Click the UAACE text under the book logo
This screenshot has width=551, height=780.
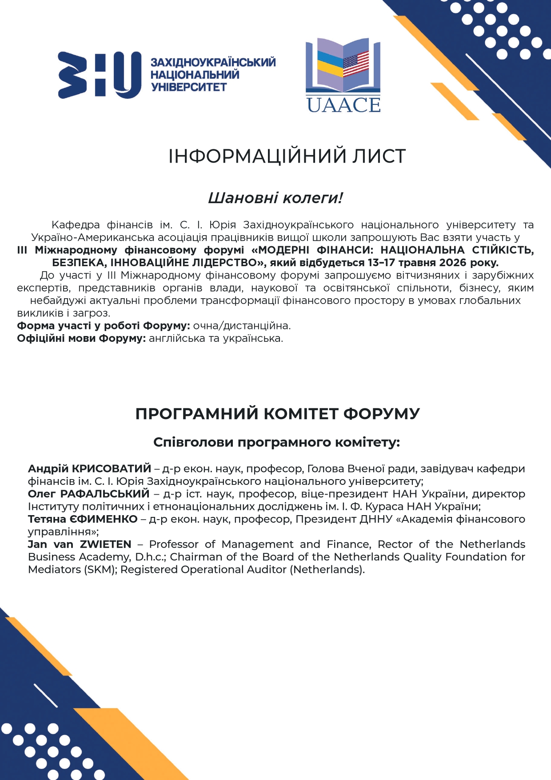click(343, 105)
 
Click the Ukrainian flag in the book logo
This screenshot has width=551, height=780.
click(330, 64)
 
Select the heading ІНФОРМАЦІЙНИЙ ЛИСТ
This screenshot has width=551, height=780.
click(287, 156)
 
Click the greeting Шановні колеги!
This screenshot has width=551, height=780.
click(275, 198)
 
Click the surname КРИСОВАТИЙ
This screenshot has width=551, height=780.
click(112, 468)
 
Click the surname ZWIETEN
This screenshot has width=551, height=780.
click(106, 544)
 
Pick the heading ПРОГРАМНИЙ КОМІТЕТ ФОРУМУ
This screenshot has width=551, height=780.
click(277, 413)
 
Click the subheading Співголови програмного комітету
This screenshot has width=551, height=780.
click(276, 442)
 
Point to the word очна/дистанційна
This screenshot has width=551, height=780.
click(242, 326)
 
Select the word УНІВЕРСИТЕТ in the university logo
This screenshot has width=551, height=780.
click(189, 87)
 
